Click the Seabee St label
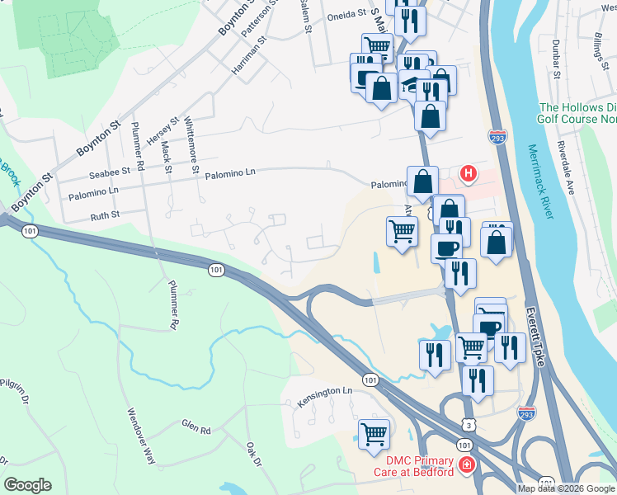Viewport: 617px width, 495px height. tap(110, 172)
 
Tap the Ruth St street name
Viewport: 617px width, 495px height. tap(104, 214)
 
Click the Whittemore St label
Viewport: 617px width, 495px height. tap(192, 144)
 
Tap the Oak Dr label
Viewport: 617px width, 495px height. tap(253, 453)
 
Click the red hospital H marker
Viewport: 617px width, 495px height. tap(469, 173)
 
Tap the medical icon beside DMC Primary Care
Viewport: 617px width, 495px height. tap(467, 466)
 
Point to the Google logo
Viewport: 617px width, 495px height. tap(27, 485)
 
